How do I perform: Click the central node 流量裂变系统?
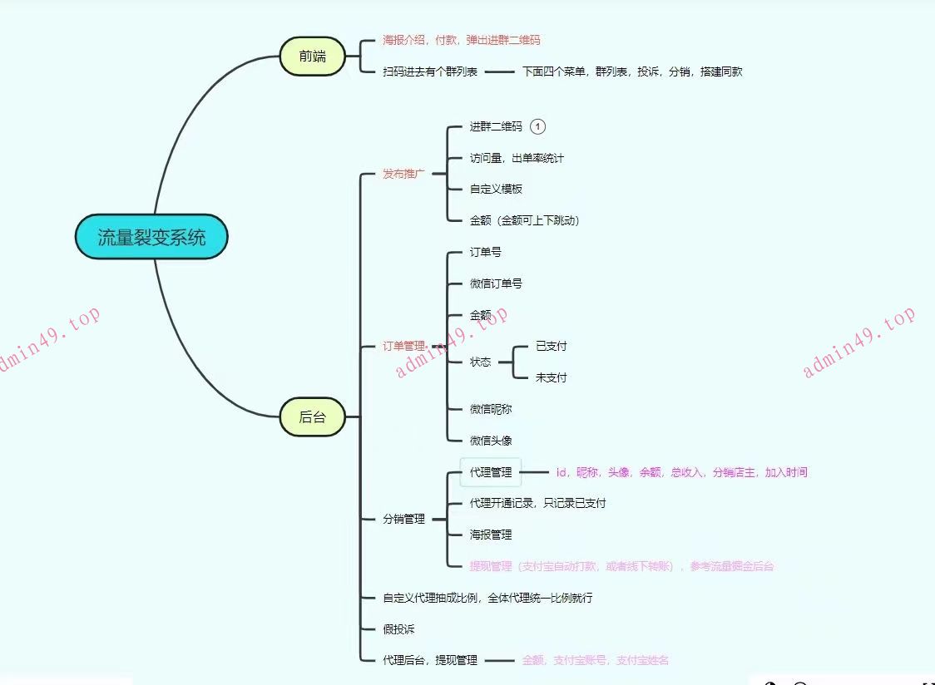click(x=151, y=237)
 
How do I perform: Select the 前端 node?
click(x=313, y=57)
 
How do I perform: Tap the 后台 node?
click(x=313, y=416)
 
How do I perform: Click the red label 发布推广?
click(x=403, y=174)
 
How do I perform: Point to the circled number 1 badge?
click(x=538, y=126)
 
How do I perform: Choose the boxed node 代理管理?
click(x=491, y=472)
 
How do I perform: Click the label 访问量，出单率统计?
click(x=517, y=158)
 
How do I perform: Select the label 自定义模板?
click(x=496, y=189)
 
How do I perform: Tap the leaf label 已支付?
click(x=552, y=346)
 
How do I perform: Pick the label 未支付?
click(x=552, y=377)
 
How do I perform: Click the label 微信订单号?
click(x=496, y=283)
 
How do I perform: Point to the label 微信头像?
click(x=491, y=441)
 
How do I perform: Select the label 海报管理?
click(x=491, y=535)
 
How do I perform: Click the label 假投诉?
click(x=398, y=629)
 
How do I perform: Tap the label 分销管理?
click(x=403, y=519)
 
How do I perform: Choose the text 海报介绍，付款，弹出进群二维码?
click(x=462, y=40)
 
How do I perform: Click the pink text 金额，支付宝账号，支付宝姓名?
click(x=596, y=660)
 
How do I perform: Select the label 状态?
click(x=480, y=362)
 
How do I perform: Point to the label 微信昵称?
click(x=491, y=409)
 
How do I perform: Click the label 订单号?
click(x=485, y=252)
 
